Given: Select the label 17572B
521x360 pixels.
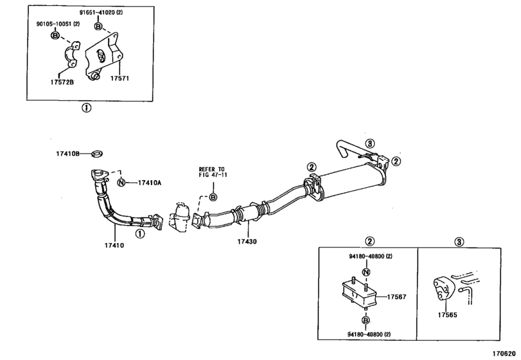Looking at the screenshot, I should (x=61, y=82).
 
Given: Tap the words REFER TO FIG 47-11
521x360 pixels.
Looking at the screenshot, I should (x=213, y=172).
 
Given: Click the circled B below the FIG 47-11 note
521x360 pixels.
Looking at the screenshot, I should (x=213, y=197).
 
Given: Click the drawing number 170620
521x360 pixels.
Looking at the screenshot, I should (x=503, y=354).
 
